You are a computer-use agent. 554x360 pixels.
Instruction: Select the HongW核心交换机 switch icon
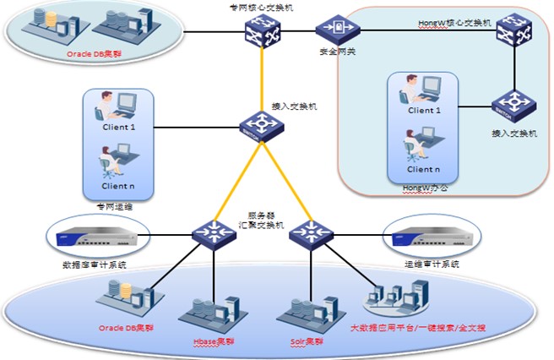[x=511, y=33]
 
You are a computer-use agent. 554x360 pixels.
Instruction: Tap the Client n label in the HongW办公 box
[x=425, y=169]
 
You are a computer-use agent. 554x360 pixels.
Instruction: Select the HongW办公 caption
[x=425, y=186]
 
